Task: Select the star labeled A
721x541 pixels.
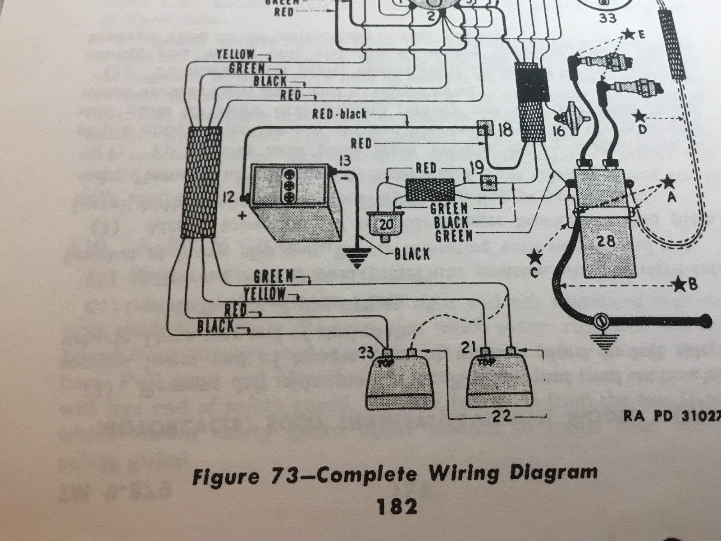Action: click(668, 183)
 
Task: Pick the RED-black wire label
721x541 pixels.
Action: click(339, 115)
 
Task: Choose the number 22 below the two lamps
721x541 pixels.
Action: click(502, 416)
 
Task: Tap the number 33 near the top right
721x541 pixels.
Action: click(600, 19)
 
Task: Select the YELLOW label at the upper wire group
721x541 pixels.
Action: click(235, 55)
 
